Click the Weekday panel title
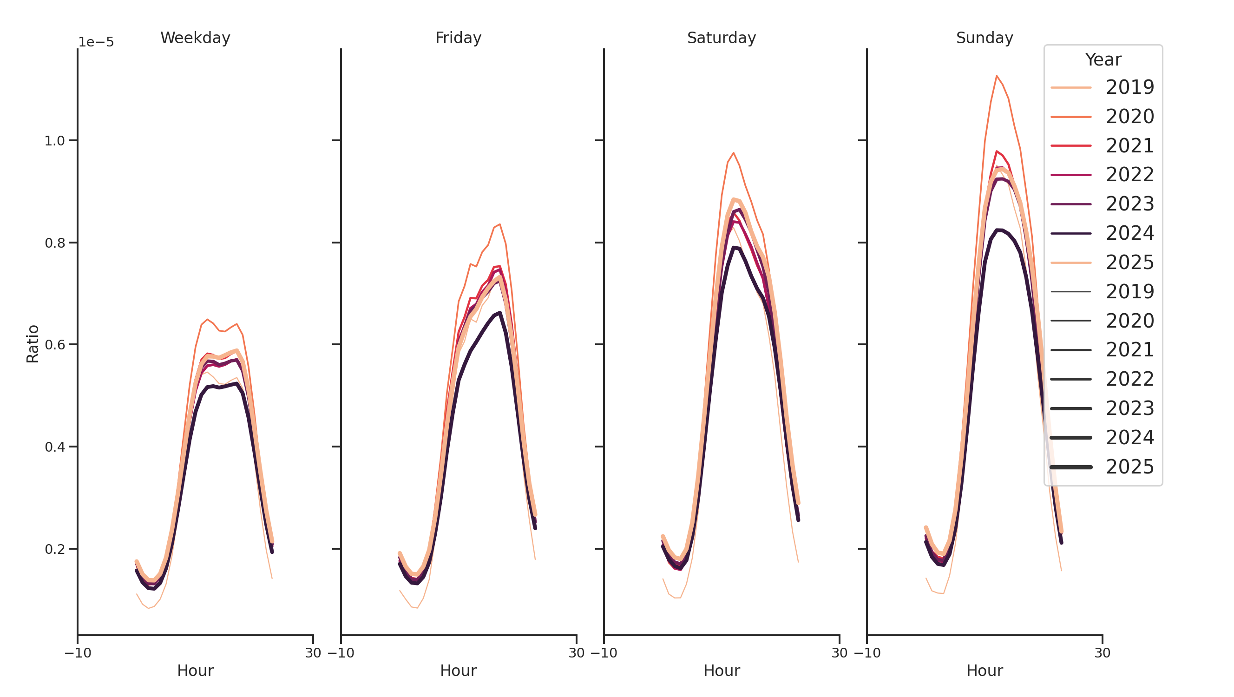tap(195, 38)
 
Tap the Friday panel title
tap(458, 38)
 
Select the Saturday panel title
tap(721, 38)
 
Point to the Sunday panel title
tap(984, 38)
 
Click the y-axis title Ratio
tap(33, 344)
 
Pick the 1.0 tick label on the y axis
tap(54, 141)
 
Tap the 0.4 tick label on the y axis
tap(54, 447)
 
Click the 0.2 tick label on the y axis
tap(54, 549)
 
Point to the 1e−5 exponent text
tap(96, 42)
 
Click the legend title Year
tap(1103, 60)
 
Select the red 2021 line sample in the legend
tap(1070, 145)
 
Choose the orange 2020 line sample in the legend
tap(1070, 117)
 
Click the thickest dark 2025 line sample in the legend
tap(1070, 467)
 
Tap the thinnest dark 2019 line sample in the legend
tap(1070, 292)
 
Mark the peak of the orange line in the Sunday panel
tap(997, 76)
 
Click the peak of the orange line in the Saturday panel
tap(734, 153)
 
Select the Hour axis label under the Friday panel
tap(458, 671)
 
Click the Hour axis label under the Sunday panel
tap(984, 671)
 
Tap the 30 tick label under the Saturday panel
tap(839, 653)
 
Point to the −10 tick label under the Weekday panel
tap(78, 653)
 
